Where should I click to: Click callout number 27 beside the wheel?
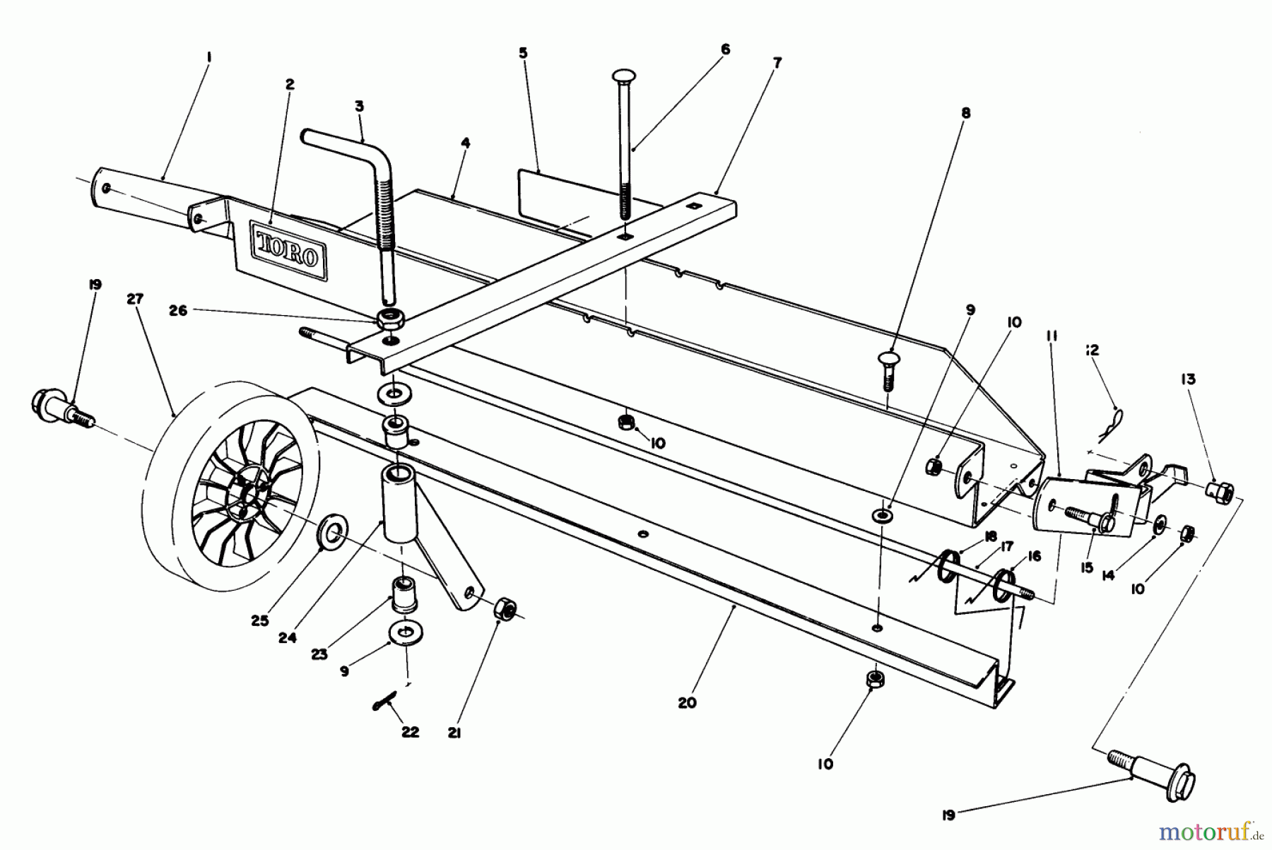tap(135, 300)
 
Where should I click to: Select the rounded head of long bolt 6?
tap(624, 76)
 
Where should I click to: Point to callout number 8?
tap(966, 112)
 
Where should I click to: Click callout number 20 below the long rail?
tap(687, 702)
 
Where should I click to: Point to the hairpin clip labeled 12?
tap(1111, 422)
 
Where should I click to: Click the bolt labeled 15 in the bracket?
tap(1092, 518)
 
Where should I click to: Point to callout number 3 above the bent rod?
tap(359, 106)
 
